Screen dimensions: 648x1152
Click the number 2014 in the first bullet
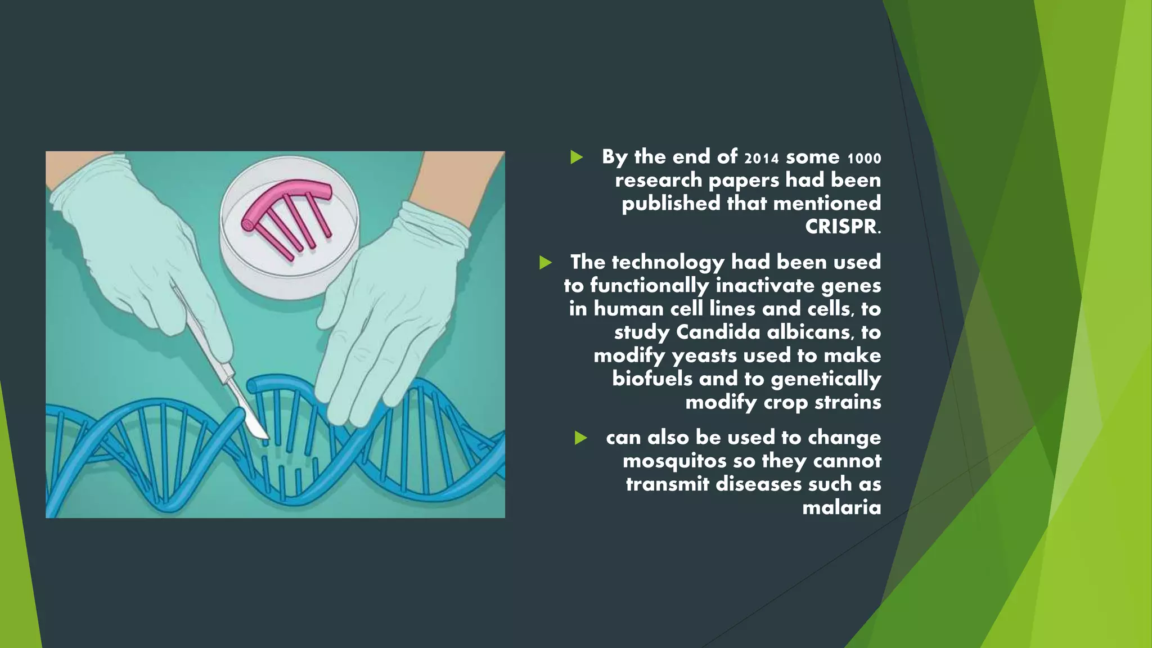click(762, 158)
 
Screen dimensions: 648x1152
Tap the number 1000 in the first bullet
click(864, 159)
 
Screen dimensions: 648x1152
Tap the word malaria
click(841, 507)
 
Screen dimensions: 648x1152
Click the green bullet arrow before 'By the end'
click(576, 157)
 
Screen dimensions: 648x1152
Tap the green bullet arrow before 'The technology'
click(545, 262)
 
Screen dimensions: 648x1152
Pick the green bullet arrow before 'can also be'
click(580, 438)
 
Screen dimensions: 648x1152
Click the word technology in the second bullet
click(668, 263)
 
